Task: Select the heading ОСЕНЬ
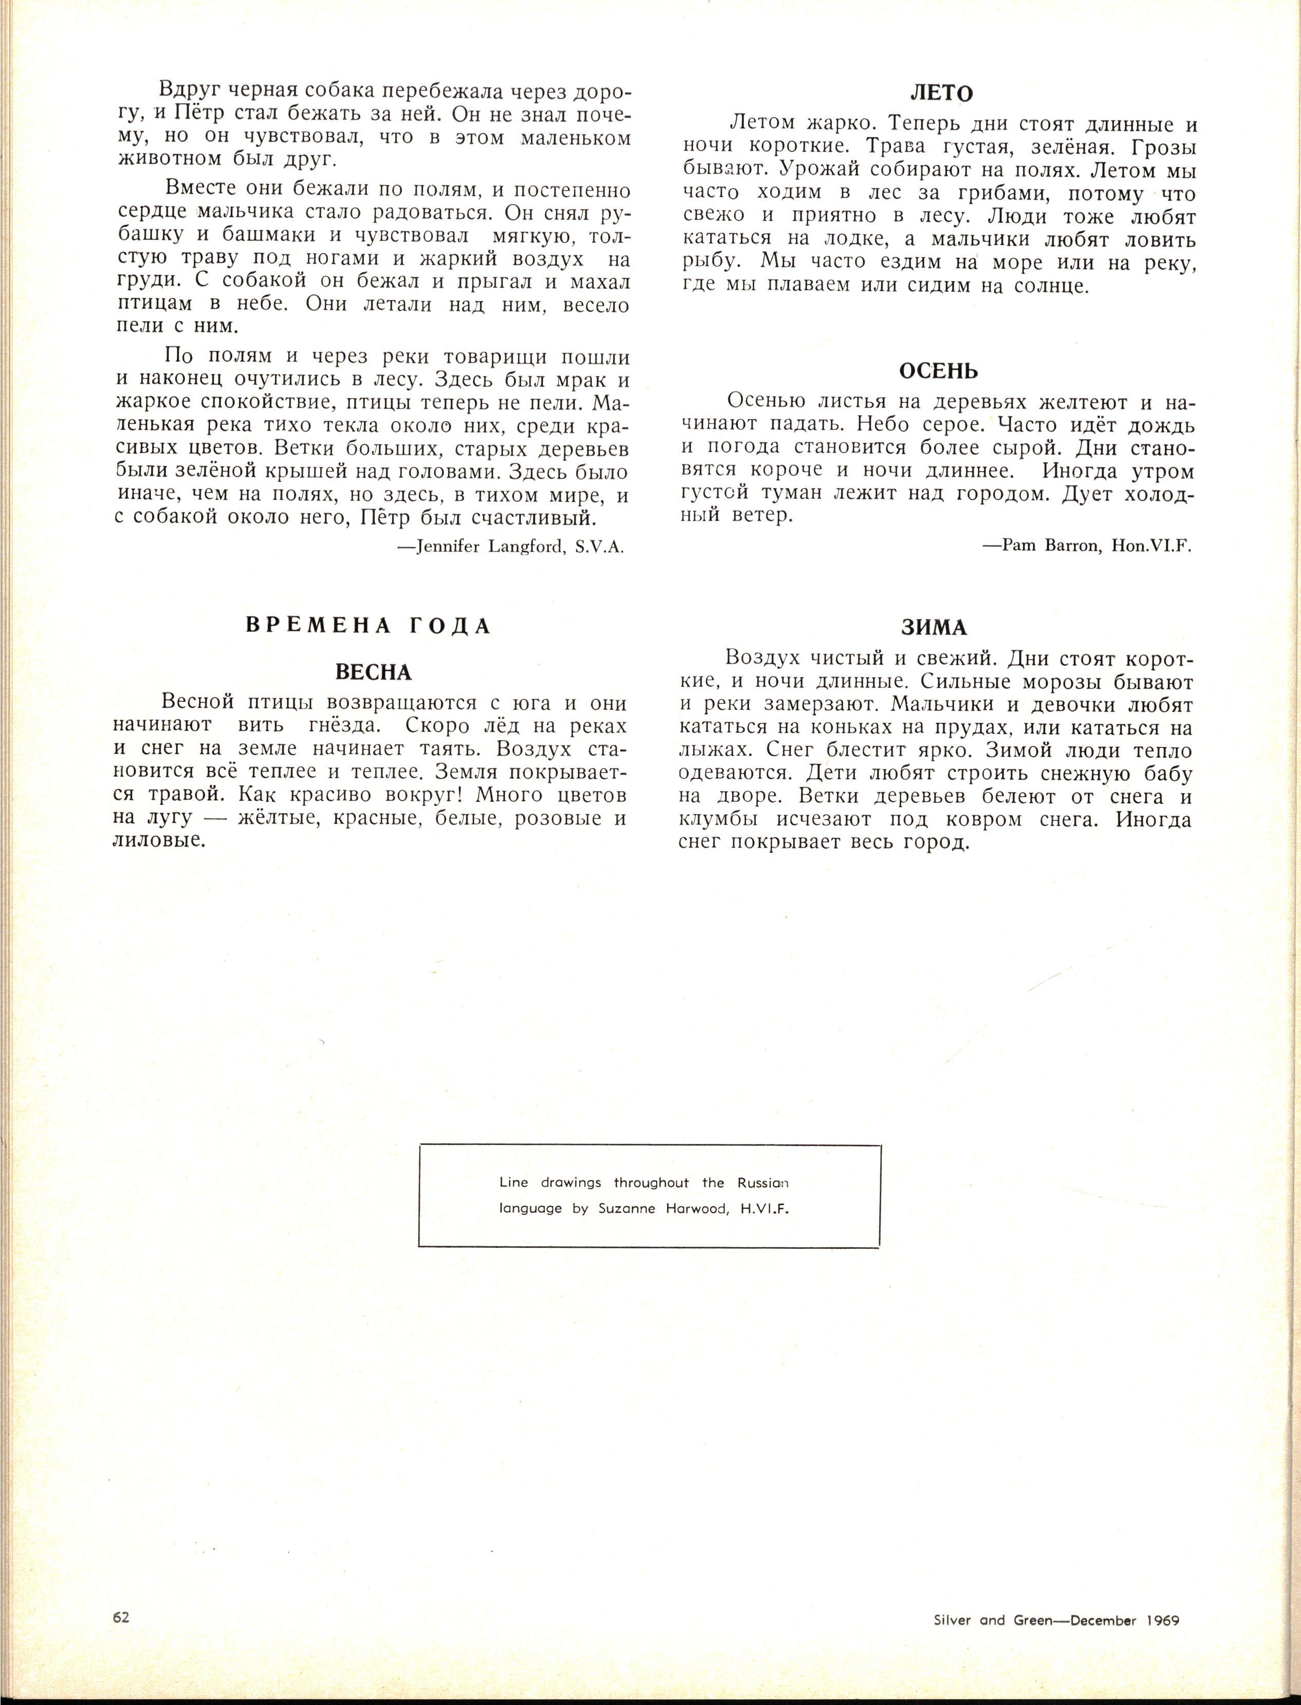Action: [x=939, y=371]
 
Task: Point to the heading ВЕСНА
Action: [x=373, y=671]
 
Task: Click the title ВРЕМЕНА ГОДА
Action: [x=368, y=626]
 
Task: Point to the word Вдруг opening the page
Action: [x=187, y=92]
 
